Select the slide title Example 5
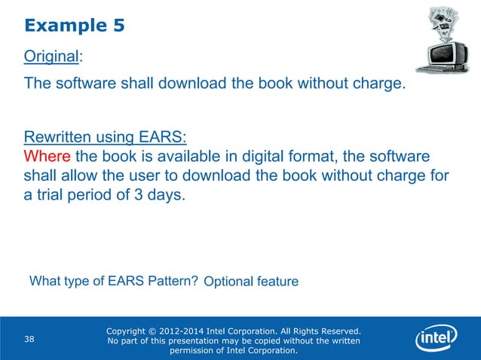[74, 26]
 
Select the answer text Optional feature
[251, 282]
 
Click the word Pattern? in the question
[173, 282]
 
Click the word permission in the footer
[198, 350]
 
